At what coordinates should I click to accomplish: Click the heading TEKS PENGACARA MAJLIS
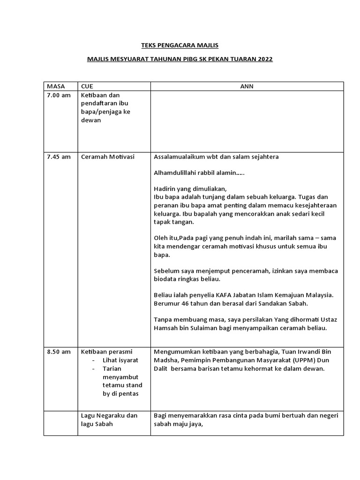180,45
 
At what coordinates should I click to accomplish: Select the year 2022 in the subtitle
264,60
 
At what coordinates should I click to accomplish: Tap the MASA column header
55,86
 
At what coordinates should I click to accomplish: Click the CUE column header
88,86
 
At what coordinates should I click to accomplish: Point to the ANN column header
247,86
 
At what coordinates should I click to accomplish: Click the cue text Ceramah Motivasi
108,157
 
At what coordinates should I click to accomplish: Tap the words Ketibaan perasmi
106,352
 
